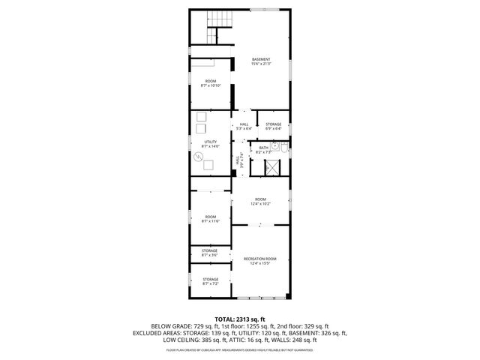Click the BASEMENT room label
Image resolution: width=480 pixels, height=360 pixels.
pyautogui.click(x=261, y=59)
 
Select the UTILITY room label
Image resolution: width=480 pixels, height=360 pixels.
pyautogui.click(x=210, y=141)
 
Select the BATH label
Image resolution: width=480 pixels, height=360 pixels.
pyautogui.click(x=263, y=148)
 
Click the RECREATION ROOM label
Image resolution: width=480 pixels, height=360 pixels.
pyautogui.click(x=260, y=259)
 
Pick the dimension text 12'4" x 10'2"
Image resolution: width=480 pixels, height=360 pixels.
pyautogui.click(x=260, y=203)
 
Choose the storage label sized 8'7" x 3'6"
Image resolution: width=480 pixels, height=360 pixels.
pyautogui.click(x=210, y=255)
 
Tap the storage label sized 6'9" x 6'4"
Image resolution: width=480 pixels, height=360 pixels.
pyautogui.click(x=273, y=128)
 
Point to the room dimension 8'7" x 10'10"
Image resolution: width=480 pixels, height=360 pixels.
pyautogui.click(x=210, y=85)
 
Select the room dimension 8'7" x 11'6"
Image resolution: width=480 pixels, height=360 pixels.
pyautogui.click(x=210, y=221)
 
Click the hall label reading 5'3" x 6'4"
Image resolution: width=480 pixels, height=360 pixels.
pyautogui.click(x=244, y=128)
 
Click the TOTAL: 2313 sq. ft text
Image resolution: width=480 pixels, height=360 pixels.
pyautogui.click(x=240, y=319)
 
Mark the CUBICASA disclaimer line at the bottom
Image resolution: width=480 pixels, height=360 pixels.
pyautogui.click(x=240, y=349)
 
